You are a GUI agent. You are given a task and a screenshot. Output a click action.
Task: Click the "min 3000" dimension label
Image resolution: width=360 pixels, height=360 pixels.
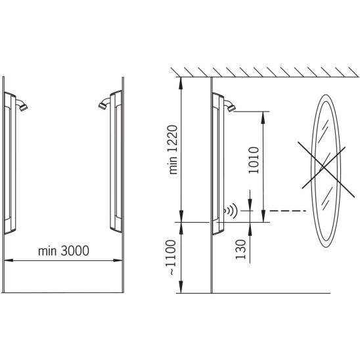click(64, 251)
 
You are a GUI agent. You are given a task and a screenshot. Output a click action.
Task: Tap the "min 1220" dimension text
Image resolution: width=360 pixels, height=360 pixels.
click(173, 150)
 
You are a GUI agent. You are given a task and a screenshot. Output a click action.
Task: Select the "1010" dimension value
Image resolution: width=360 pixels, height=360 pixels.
click(254, 160)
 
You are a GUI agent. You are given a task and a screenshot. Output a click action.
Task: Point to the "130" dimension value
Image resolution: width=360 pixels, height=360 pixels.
click(240, 249)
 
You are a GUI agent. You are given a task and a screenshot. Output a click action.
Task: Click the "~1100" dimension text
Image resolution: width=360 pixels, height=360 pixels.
click(171, 257)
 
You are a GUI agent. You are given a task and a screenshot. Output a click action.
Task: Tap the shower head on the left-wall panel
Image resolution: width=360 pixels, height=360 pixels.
click(22, 105)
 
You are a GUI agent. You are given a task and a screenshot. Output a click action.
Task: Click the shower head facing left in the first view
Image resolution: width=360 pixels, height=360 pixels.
click(104, 104)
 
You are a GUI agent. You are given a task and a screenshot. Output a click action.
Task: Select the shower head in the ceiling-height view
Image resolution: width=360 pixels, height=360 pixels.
click(230, 106)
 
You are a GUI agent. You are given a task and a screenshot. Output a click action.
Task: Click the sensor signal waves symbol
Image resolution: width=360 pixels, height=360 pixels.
click(231, 210)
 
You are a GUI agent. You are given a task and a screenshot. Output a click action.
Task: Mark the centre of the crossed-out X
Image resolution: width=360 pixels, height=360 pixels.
click(324, 169)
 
